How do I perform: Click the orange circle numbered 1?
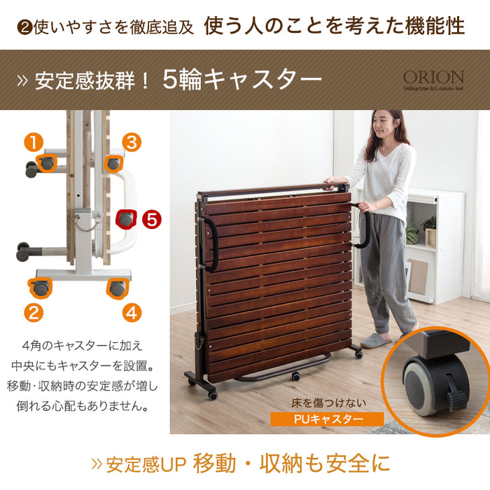(x=34, y=143)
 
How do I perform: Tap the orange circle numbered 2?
(x=34, y=312)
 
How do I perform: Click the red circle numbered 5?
(x=151, y=219)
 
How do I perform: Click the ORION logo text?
(x=433, y=77)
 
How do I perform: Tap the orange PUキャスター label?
(x=328, y=419)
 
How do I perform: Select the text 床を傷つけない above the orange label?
(x=328, y=403)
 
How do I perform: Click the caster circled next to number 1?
(x=47, y=164)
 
